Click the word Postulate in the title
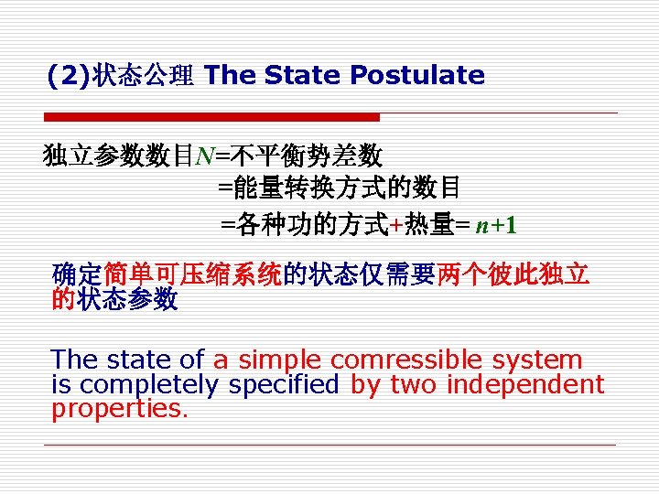(417, 75)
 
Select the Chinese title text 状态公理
(142, 76)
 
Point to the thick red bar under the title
(211, 117)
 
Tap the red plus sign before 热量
(394, 224)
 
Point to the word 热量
(427, 224)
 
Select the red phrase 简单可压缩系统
(192, 274)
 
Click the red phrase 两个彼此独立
(513, 274)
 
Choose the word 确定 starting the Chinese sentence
(78, 274)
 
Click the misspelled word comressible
(408, 360)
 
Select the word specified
(284, 385)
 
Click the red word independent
(524, 385)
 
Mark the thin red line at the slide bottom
(329, 446)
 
